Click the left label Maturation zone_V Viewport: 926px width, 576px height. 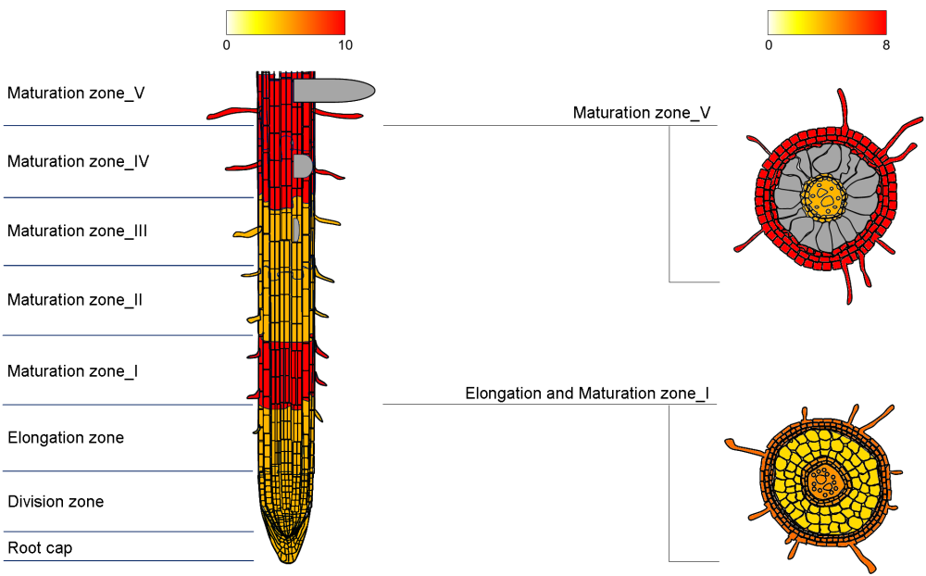click(x=76, y=93)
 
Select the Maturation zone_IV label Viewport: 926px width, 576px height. click(x=79, y=161)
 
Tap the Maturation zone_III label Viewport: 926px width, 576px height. click(x=78, y=231)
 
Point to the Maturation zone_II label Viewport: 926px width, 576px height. click(x=75, y=300)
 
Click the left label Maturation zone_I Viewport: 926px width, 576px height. click(x=73, y=370)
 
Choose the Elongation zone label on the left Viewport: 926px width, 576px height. click(x=66, y=437)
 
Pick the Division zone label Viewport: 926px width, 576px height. click(x=56, y=502)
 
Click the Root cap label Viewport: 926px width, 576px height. click(x=40, y=548)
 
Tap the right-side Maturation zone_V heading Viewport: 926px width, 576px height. click(x=642, y=113)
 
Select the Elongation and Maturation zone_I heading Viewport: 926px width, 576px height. click(x=587, y=394)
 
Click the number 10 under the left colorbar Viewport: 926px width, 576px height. click(x=344, y=44)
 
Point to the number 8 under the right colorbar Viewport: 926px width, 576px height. click(x=886, y=44)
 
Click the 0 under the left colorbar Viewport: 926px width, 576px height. click(x=227, y=44)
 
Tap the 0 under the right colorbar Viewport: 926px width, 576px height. click(x=769, y=44)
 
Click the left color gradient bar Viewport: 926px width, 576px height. click(x=285, y=22)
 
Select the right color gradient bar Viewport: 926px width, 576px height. click(x=827, y=22)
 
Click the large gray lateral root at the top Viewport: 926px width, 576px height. click(x=333, y=90)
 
